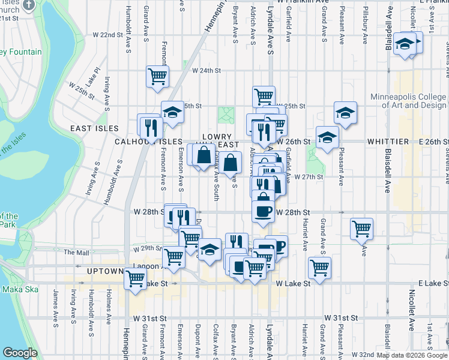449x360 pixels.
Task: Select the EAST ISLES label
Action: pyautogui.click(x=94, y=128)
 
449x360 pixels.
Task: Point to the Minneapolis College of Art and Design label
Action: pyautogui.click(x=408, y=101)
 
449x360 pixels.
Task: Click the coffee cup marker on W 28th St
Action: pyautogui.click(x=263, y=210)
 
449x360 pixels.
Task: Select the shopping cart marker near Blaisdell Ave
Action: pyautogui.click(x=361, y=228)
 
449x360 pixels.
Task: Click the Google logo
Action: pyautogui.click(x=20, y=352)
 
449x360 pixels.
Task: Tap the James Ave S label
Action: pyautogui.click(x=55, y=300)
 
